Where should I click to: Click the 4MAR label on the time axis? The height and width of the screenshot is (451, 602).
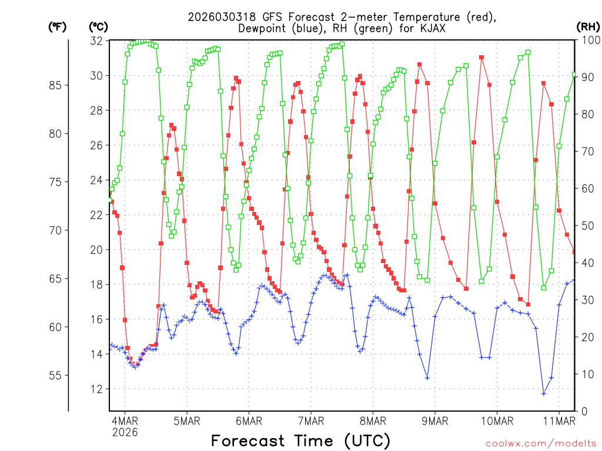click(125, 420)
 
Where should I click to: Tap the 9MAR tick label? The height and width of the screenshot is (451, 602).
click(434, 420)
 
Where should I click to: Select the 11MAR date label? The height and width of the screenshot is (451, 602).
click(558, 420)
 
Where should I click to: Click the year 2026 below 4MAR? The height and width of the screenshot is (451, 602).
click(125, 432)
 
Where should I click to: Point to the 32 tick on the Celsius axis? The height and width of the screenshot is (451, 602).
click(96, 41)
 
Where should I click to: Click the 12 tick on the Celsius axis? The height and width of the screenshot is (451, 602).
click(96, 389)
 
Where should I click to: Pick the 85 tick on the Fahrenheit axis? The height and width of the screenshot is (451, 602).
click(56, 85)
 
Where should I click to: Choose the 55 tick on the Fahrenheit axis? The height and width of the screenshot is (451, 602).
click(56, 375)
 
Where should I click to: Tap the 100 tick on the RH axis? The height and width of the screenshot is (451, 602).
click(588, 41)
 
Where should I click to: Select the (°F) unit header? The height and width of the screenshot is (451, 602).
click(57, 26)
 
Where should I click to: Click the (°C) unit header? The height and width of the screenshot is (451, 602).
click(99, 26)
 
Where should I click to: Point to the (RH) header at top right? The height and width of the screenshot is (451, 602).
click(588, 26)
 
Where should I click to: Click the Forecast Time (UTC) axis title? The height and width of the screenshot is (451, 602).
click(300, 440)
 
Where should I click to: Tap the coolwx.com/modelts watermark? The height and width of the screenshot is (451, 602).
click(541, 444)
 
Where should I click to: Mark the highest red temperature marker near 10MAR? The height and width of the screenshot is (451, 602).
click(481, 58)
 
